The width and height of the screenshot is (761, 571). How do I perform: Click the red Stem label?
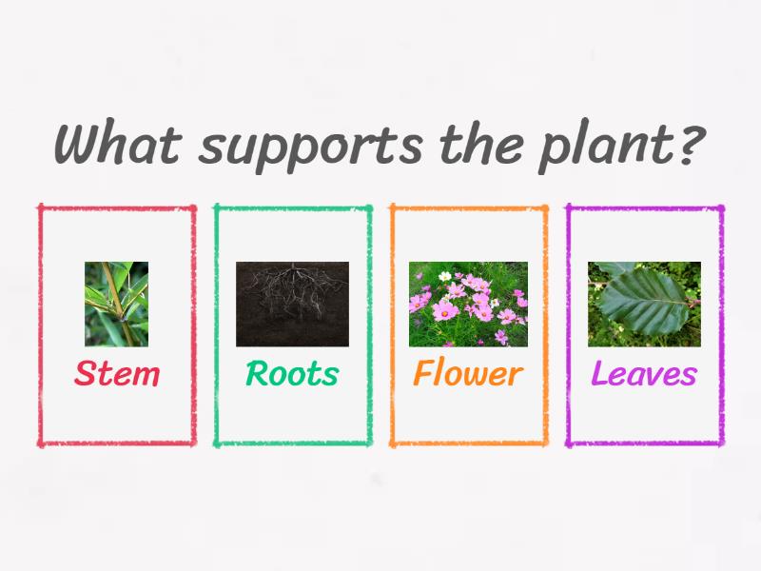pos(117,374)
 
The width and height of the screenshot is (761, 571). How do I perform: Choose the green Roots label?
pos(292,374)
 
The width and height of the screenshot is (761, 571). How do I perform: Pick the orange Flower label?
pos(468,374)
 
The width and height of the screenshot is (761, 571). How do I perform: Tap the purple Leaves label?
pos(644,374)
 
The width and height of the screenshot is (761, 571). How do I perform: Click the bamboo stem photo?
pos(116,304)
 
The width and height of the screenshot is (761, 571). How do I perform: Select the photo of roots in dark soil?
pos(292,304)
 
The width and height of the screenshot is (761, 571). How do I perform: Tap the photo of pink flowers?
pos(468,304)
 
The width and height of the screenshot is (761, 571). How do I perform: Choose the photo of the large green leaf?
pos(644,304)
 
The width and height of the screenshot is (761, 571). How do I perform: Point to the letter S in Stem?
pos(85,374)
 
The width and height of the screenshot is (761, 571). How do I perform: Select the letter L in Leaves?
pos(600,374)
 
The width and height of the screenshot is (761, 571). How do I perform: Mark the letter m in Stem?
pos(145,376)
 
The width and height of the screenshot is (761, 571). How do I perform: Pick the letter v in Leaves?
pos(653,376)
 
